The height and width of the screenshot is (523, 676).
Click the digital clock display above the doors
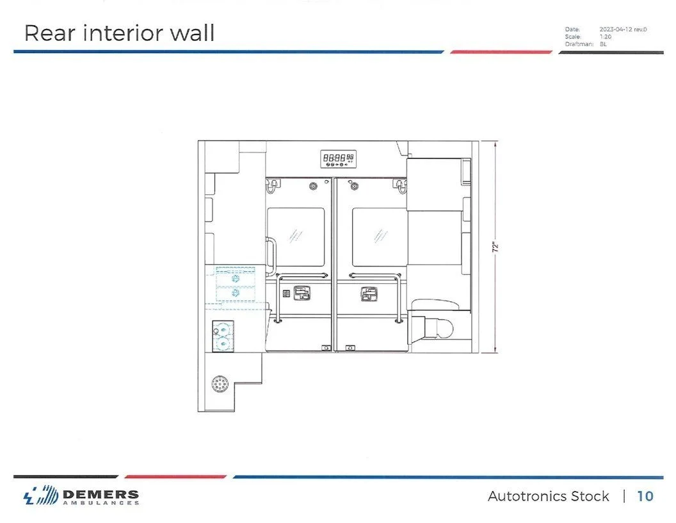[x=339, y=158]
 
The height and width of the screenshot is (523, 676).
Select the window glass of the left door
[x=295, y=237]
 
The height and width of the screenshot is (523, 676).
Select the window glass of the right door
[x=380, y=237]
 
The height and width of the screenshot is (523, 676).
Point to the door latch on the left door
[x=302, y=294]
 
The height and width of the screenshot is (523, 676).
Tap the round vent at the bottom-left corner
[x=220, y=385]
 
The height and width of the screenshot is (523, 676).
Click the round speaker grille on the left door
[x=314, y=187]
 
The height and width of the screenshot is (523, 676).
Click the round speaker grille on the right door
[x=355, y=187]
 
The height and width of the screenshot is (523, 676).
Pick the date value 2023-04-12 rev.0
[x=622, y=29]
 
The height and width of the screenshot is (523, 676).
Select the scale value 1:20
[x=606, y=37]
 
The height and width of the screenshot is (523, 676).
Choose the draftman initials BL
[x=603, y=44]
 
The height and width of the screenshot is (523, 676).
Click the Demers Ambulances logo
[x=81, y=497]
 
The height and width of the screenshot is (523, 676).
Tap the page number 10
[x=645, y=496]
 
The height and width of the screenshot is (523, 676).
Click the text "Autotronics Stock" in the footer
[x=548, y=496]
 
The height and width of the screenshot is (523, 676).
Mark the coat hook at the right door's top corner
[x=401, y=186]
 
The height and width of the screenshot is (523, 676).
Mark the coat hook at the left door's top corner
[x=274, y=186]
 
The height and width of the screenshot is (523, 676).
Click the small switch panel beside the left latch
[x=286, y=294]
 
